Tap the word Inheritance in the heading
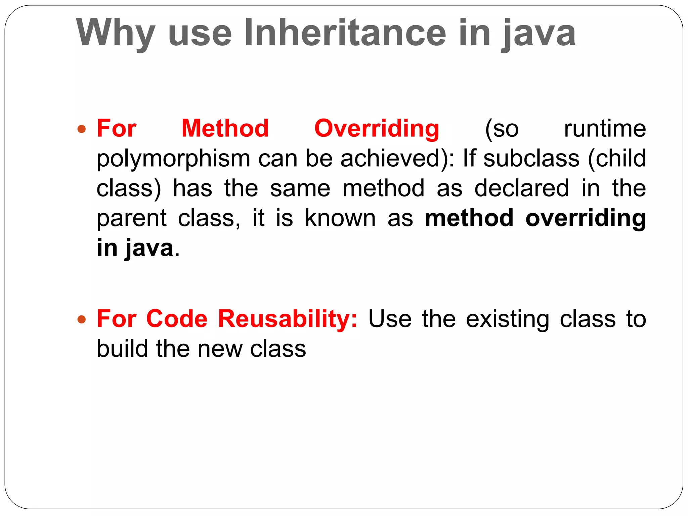(x=345, y=32)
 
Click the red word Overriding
(x=377, y=129)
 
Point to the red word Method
(x=225, y=128)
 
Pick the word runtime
(x=605, y=128)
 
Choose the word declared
(x=521, y=188)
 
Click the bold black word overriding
(x=586, y=218)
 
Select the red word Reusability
(x=288, y=318)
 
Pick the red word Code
(x=177, y=318)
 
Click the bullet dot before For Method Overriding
(x=82, y=129)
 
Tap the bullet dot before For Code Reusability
(x=82, y=319)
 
